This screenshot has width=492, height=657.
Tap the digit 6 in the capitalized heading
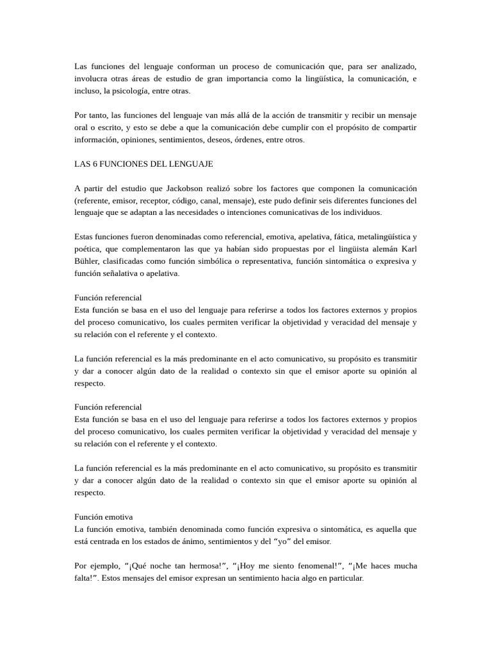(94, 164)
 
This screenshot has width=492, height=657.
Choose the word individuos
(361, 212)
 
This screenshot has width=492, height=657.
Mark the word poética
(89, 248)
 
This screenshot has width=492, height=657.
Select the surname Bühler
(88, 260)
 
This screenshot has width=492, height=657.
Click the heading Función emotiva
(103, 516)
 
